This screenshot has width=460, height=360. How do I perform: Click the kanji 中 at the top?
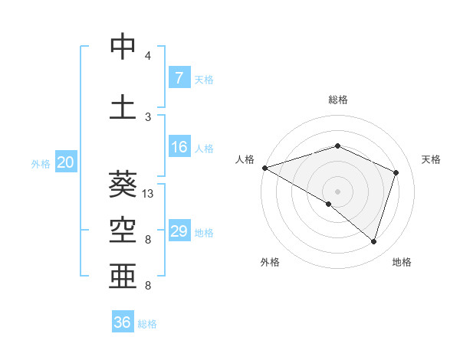(x=123, y=47)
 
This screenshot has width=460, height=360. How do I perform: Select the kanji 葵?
(x=123, y=183)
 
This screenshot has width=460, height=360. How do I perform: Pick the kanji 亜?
(x=123, y=274)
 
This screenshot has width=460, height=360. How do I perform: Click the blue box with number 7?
(x=179, y=78)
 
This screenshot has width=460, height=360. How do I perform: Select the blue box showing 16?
(x=179, y=147)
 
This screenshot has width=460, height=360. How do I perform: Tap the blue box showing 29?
(x=179, y=231)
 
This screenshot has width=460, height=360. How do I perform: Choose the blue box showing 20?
(x=65, y=162)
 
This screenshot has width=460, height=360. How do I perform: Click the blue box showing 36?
(x=123, y=322)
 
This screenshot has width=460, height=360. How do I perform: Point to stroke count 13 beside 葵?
(x=148, y=194)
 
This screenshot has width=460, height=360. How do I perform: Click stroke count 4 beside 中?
(x=148, y=56)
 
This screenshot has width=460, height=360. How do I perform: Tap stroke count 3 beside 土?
(x=148, y=116)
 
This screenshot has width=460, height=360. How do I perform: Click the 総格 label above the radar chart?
(x=337, y=100)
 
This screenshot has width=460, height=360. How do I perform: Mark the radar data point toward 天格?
(x=396, y=172)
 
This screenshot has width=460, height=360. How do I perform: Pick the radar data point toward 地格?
(x=374, y=242)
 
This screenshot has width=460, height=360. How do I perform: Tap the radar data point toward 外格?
(x=329, y=204)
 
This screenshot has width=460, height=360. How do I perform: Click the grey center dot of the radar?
(x=337, y=191)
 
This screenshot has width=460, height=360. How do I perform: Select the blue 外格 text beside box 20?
(x=40, y=163)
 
